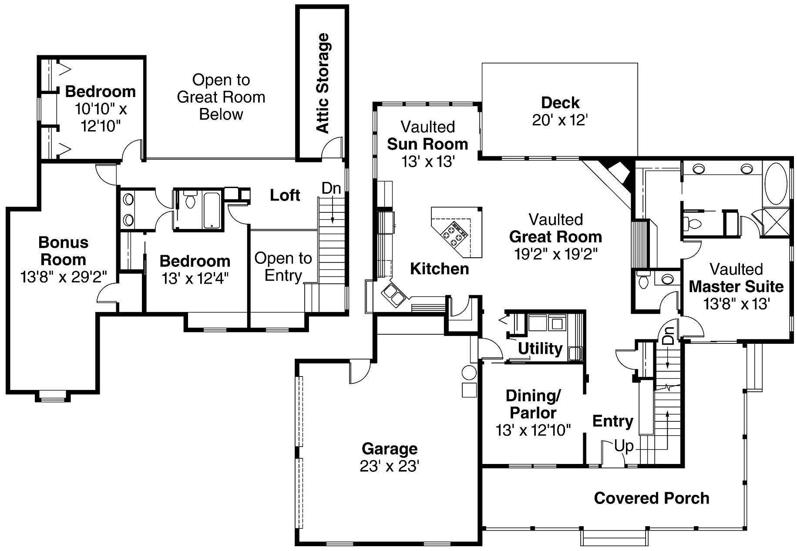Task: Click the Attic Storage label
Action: (x=322, y=83)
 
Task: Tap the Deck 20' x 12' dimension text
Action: (x=560, y=120)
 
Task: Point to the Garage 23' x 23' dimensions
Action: (x=389, y=466)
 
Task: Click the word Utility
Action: (x=540, y=349)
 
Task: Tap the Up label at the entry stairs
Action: (x=623, y=446)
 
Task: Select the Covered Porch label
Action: (x=651, y=498)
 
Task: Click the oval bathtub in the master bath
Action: (x=776, y=183)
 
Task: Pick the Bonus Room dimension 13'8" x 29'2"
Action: (x=64, y=277)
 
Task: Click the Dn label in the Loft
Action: (x=331, y=188)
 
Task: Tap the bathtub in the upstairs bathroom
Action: (x=212, y=210)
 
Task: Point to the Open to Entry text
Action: (x=283, y=267)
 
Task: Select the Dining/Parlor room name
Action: (x=533, y=404)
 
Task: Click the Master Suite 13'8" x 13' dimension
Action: (x=736, y=304)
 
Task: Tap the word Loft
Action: (x=285, y=195)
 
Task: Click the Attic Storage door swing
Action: (x=333, y=147)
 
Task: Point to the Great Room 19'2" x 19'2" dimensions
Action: (x=555, y=254)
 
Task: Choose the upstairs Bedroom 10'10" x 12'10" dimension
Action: (x=101, y=118)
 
